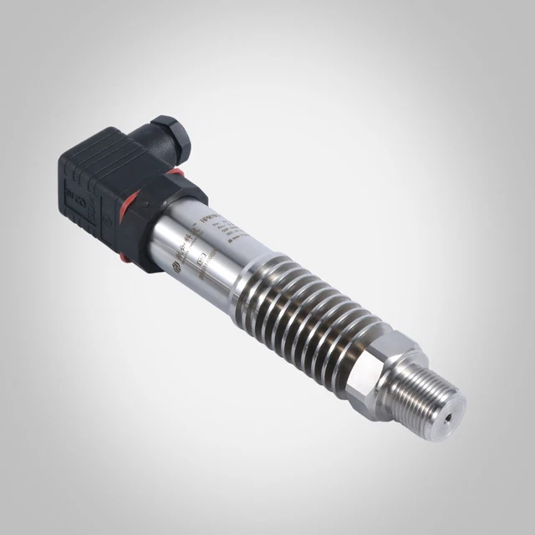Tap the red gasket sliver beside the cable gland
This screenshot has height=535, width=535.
pos(178,174)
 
